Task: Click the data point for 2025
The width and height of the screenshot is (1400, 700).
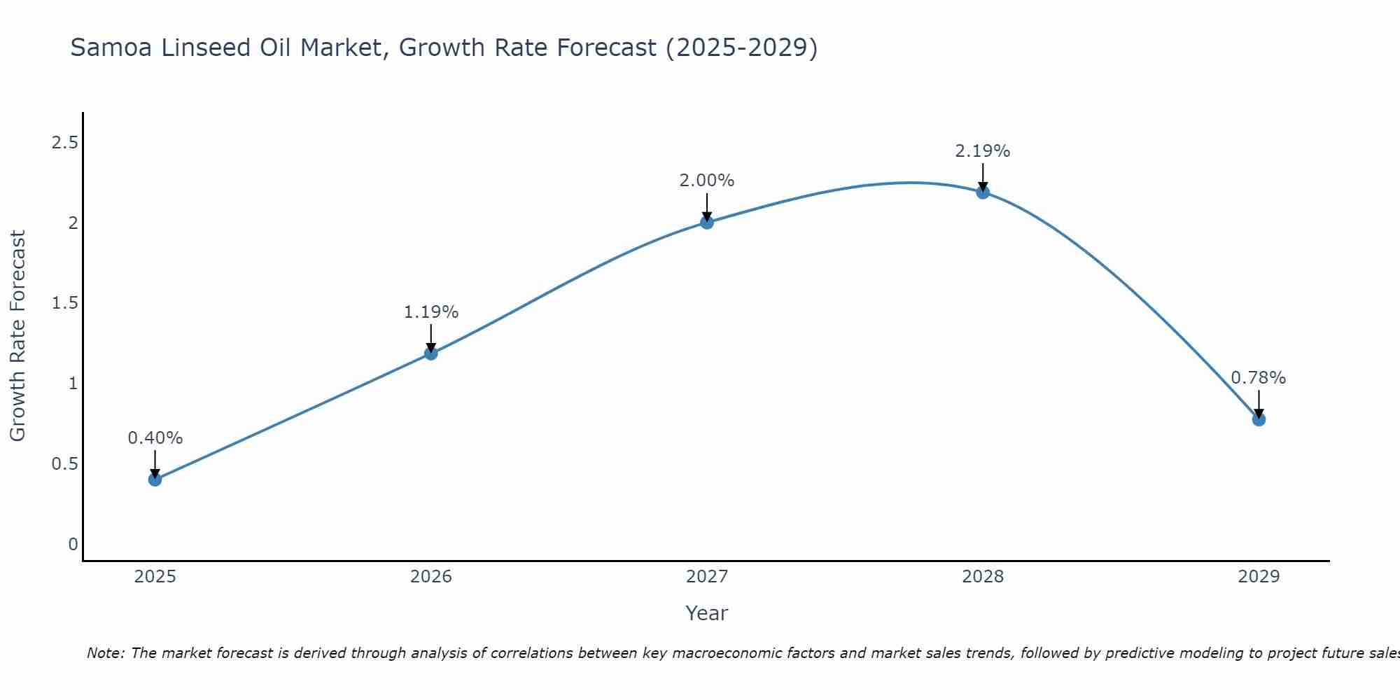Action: click(155, 479)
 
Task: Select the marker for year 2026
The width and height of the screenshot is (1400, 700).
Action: click(431, 353)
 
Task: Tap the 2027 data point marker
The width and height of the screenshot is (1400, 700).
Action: click(707, 223)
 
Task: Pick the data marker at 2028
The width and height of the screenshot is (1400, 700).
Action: click(983, 192)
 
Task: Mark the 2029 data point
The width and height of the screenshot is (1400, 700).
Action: click(1259, 419)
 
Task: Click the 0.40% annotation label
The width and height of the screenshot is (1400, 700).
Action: click(155, 438)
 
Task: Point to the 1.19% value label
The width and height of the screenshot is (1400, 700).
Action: click(431, 312)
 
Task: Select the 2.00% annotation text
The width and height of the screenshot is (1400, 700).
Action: click(707, 181)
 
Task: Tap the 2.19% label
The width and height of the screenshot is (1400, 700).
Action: click(983, 151)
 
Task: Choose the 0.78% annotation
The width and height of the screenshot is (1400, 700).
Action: click(1259, 378)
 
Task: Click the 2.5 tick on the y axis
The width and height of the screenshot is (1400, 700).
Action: click(64, 143)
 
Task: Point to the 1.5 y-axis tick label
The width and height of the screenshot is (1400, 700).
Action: click(64, 303)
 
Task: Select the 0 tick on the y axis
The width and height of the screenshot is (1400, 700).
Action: click(73, 544)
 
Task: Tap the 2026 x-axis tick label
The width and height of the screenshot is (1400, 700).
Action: click(431, 577)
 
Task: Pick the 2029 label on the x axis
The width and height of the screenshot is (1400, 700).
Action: click(1259, 577)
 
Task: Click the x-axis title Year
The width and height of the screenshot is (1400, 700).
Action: click(707, 613)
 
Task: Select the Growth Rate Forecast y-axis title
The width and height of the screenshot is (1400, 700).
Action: click(17, 336)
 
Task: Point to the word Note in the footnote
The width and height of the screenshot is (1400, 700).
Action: click(105, 653)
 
